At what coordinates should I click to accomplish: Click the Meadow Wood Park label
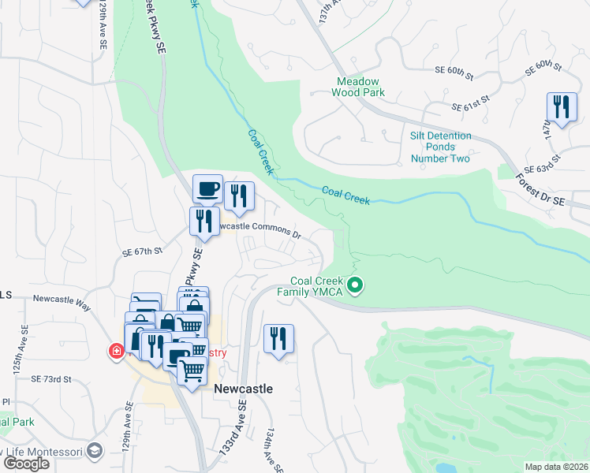coord(359,87)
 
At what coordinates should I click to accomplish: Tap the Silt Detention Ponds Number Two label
coord(440,147)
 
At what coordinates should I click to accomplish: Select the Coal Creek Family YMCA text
coord(318,286)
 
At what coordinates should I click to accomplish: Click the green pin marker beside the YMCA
coord(355,285)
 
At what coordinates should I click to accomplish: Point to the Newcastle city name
coord(244,389)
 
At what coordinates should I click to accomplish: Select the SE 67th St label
coord(142,251)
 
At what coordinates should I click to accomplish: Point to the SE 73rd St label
coord(51,379)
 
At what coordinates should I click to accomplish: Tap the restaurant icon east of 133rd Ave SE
coord(278,339)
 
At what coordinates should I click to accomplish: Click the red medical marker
coord(116,351)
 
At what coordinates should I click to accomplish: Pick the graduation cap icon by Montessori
coord(95,450)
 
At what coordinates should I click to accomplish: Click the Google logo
coord(26,463)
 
